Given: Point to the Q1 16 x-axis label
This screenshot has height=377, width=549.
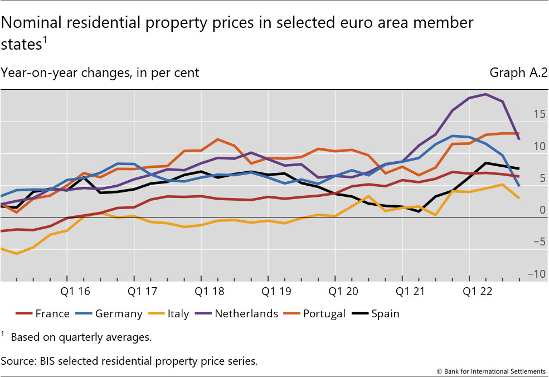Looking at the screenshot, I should point(67,292).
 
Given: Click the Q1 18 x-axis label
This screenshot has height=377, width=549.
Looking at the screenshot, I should point(201,292).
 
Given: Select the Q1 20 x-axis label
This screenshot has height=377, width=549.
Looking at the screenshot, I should point(335,292).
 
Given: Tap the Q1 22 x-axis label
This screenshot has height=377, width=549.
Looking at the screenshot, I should point(469,292).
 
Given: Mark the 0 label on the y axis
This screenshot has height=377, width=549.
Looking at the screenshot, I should point(541,210).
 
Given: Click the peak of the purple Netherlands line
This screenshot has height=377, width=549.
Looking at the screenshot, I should point(485,94).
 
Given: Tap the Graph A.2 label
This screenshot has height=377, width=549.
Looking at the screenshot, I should point(518,72).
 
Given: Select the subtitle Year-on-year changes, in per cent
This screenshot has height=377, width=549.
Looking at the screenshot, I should point(100,72).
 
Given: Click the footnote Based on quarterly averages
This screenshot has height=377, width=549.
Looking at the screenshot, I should point(81,337).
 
